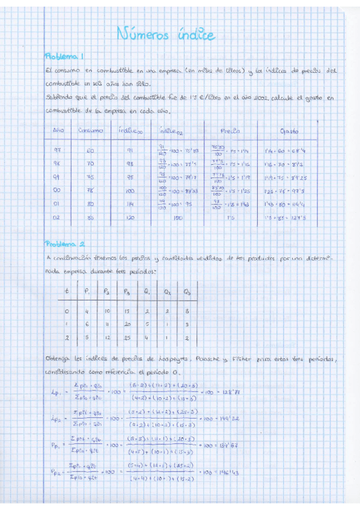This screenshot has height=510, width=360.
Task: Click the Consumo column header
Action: (x=90, y=131)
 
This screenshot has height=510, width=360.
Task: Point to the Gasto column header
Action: (x=290, y=131)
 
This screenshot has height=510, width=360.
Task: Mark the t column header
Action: (x=67, y=292)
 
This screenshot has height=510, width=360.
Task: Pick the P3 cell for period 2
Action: (x=127, y=338)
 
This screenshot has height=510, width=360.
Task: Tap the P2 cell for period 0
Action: (x=106, y=311)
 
